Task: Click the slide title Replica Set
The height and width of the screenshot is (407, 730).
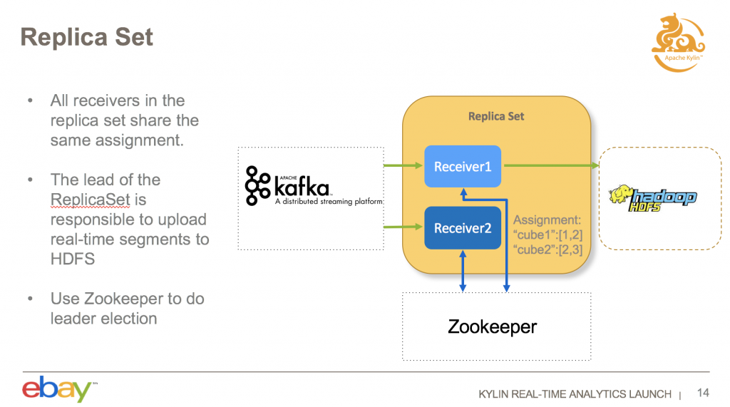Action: click(86, 36)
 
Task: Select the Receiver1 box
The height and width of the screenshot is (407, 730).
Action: click(463, 167)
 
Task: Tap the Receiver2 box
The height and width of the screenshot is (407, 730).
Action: click(463, 228)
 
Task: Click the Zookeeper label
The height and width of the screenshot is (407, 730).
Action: click(492, 327)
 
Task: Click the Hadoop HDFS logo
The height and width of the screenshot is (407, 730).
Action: click(652, 198)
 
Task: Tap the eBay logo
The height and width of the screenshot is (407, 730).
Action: click(57, 389)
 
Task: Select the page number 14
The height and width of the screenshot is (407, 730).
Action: click(703, 393)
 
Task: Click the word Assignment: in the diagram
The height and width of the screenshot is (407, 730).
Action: click(547, 220)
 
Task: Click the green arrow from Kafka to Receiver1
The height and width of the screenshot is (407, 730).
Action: click(403, 167)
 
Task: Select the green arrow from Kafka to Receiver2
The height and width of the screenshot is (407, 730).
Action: click(403, 228)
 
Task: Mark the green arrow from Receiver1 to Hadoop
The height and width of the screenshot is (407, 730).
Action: click(549, 167)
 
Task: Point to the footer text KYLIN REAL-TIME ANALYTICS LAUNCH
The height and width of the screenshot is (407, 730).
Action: click(575, 394)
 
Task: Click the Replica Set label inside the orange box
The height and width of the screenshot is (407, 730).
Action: click(495, 116)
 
